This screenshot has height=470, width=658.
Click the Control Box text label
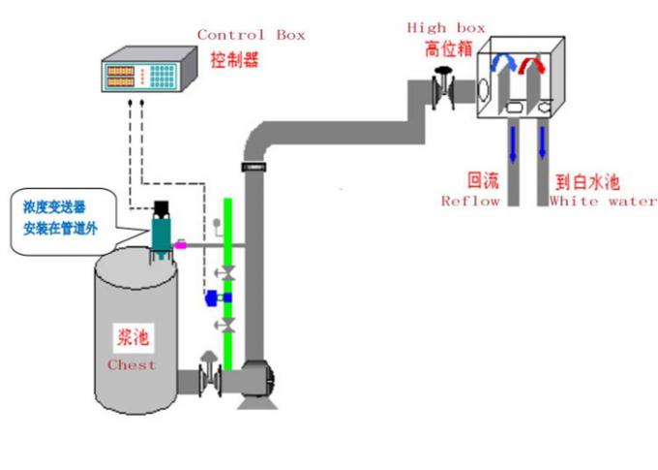pos(251,35)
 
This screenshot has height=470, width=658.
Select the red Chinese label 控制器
pos(236,59)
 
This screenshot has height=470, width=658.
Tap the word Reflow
pos(470,202)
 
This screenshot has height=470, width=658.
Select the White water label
pos(602,202)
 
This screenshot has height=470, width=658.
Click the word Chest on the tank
pos(132,365)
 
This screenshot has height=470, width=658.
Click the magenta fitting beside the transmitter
pos(179,246)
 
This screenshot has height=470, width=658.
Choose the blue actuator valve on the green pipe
pos(210,298)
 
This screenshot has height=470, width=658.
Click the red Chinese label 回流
pos(482,181)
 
